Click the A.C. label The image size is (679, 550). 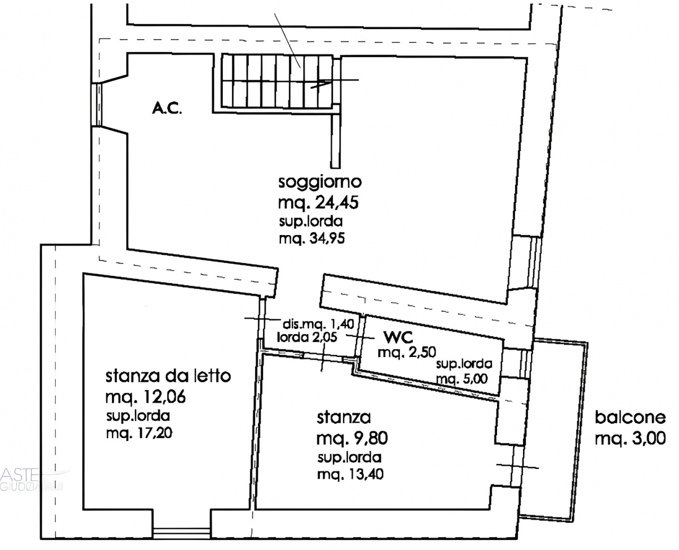tap(167, 109)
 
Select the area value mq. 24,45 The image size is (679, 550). tap(318, 203)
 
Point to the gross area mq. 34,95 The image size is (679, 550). tap(312, 239)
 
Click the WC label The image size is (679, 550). tap(398, 337)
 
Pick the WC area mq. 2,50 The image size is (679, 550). tap(406, 353)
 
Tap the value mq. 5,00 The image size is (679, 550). tap(462, 379)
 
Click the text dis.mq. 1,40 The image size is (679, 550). tap(318, 325)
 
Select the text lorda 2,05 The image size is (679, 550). tap(307, 337)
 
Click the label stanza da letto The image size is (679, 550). tap(168, 377)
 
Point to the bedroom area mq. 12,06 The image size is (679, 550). tap(146, 397)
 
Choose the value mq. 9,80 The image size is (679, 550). tap(352, 439)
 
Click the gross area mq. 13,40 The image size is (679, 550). tap(350, 475)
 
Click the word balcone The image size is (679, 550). tap(631, 417)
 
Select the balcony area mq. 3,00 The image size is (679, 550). tap(630, 439)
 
